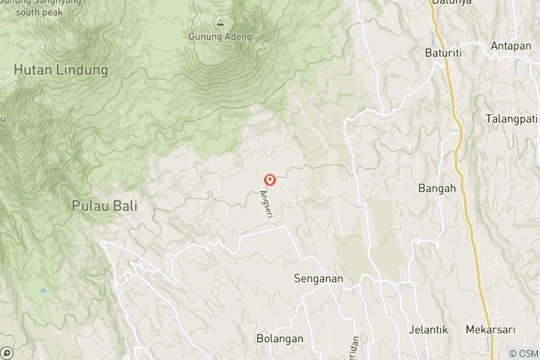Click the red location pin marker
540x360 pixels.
270,180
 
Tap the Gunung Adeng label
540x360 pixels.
220,36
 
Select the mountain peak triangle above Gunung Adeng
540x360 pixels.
220,22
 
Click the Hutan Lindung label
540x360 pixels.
61,70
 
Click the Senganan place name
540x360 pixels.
318,278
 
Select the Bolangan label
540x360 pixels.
280,338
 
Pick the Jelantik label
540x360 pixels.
428,329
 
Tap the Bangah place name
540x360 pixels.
437,188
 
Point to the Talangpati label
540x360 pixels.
512,118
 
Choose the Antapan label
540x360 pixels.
511,46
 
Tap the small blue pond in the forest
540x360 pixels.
43,290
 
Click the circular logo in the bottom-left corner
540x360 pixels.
7,352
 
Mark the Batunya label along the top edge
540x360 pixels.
449,3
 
